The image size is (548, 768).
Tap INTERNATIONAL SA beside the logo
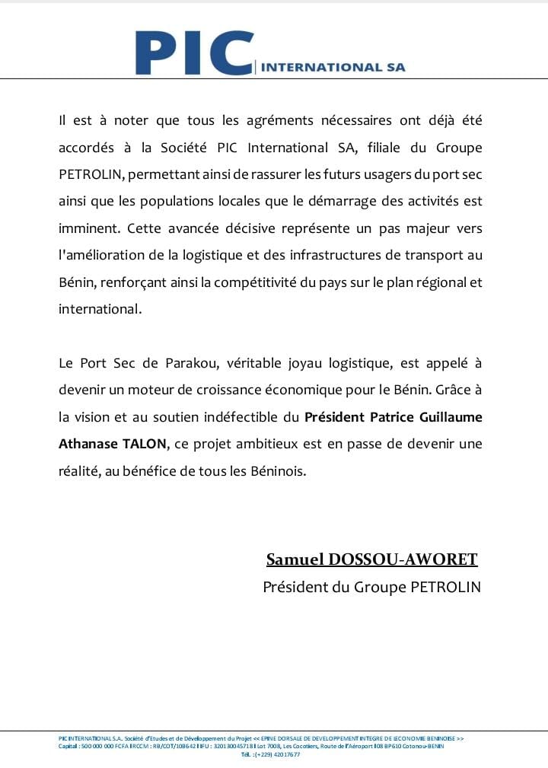(333, 67)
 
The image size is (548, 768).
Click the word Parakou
(186, 363)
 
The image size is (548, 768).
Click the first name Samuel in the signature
(296, 560)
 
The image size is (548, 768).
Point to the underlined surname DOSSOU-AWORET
(403, 560)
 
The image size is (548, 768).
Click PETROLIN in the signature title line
(446, 588)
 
